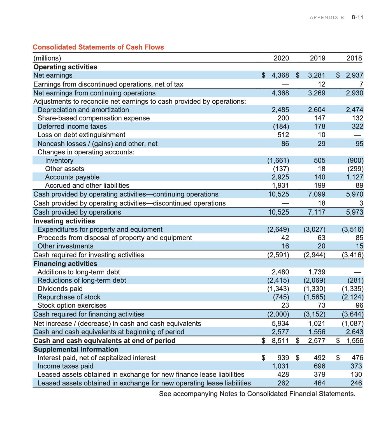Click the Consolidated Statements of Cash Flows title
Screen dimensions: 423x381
pos(98,47)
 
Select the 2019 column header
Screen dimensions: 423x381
pos(318,58)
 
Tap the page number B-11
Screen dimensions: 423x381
pos(357,17)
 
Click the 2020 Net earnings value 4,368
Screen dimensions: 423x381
pos(280,75)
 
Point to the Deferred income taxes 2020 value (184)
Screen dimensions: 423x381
pos(281,126)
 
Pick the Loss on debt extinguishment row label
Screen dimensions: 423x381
pos(81,135)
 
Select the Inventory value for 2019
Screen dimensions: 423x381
pos(320,160)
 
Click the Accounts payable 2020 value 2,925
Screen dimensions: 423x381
pos(280,177)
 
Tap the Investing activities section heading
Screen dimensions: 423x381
pos(64,221)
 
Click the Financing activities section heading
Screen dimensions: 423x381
pos(65,264)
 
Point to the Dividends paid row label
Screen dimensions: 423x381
pos(60,289)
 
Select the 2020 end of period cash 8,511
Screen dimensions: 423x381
pos(280,341)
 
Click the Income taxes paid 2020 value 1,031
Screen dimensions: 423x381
pos(280,366)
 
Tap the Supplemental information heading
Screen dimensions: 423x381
pos(76,349)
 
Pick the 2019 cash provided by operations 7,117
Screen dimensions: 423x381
pos(317,212)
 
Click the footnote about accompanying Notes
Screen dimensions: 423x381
pos(257,394)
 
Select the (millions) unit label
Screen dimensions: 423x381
pos(47,58)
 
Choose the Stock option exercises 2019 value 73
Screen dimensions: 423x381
pos(321,305)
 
